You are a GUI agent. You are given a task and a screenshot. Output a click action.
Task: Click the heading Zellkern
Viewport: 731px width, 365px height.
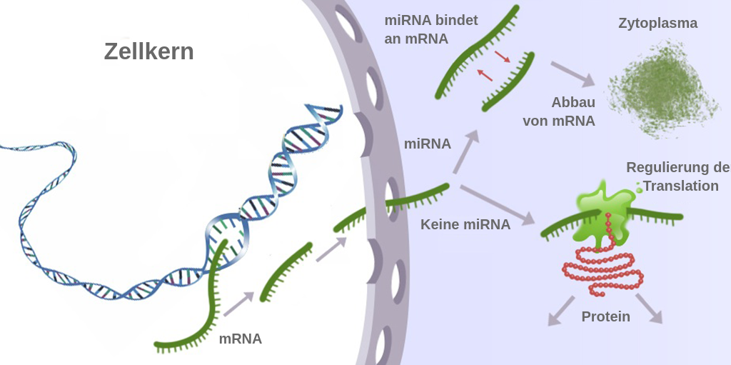(x=148, y=51)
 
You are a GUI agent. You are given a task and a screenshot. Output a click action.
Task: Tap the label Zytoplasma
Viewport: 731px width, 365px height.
(x=657, y=24)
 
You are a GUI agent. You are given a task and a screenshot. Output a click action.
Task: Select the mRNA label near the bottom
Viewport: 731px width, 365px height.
(x=240, y=339)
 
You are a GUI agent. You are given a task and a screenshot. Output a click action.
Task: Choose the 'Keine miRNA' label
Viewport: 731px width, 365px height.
(x=465, y=224)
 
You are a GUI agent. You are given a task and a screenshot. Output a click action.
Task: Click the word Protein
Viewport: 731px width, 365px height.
(x=605, y=316)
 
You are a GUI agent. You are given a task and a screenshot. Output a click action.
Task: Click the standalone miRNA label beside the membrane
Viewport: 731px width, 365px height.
(x=428, y=144)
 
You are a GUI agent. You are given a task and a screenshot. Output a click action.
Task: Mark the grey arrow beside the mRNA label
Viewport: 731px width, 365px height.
(x=238, y=304)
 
